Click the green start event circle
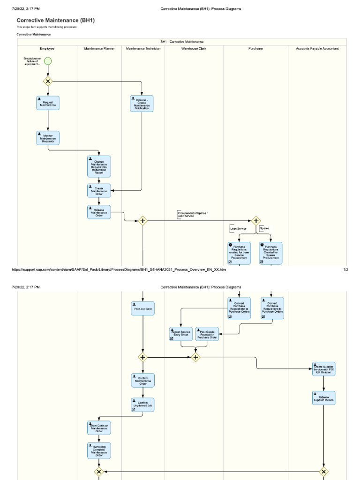coord(48,61)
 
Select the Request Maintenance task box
coord(48,103)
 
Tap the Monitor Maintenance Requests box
coord(48,138)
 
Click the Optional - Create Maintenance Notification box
coord(142,104)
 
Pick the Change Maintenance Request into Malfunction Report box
coord(99,166)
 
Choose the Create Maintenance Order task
coord(99,190)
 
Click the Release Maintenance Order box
coord(99,212)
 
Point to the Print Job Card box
coord(142,308)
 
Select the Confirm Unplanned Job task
coord(142,405)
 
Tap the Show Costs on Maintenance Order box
coord(99,427)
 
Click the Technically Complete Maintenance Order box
coord(99,450)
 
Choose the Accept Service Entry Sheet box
coord(181,334)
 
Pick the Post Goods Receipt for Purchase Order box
coord(207,334)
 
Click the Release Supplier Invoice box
coord(323,398)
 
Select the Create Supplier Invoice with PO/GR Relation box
coord(323,368)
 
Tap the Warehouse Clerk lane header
coord(194,48)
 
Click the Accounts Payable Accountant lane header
coord(317,48)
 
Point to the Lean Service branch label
coord(238,228)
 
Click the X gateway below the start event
coord(48,81)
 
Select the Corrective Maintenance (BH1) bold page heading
coord(56,21)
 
